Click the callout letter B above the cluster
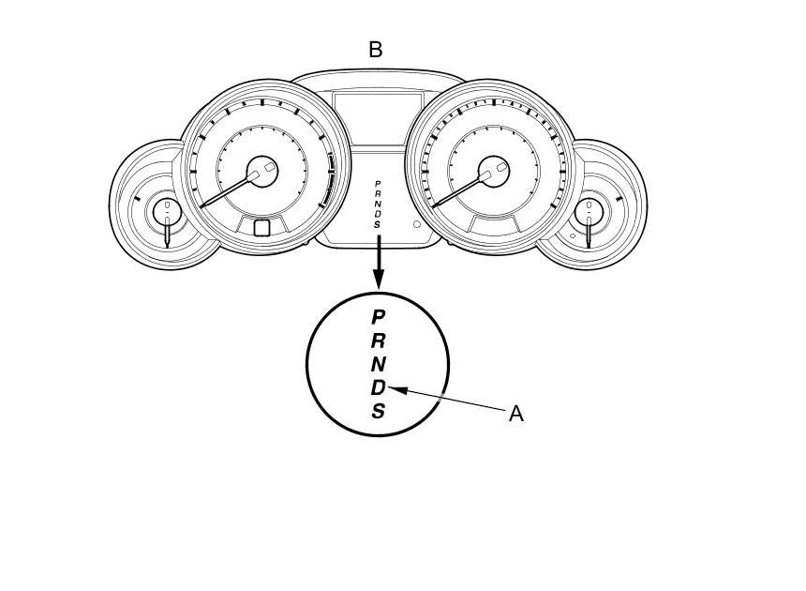tap(376, 51)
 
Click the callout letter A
tap(515, 414)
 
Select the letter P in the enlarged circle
tap(378, 317)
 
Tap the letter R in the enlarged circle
tap(378, 341)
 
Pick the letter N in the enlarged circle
tap(378, 364)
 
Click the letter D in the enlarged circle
tap(377, 387)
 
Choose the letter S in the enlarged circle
tap(378, 411)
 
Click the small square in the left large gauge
tap(261, 227)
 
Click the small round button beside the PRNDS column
tap(417, 225)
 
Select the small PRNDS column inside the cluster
tap(378, 205)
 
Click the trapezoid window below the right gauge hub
tap(494, 224)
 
